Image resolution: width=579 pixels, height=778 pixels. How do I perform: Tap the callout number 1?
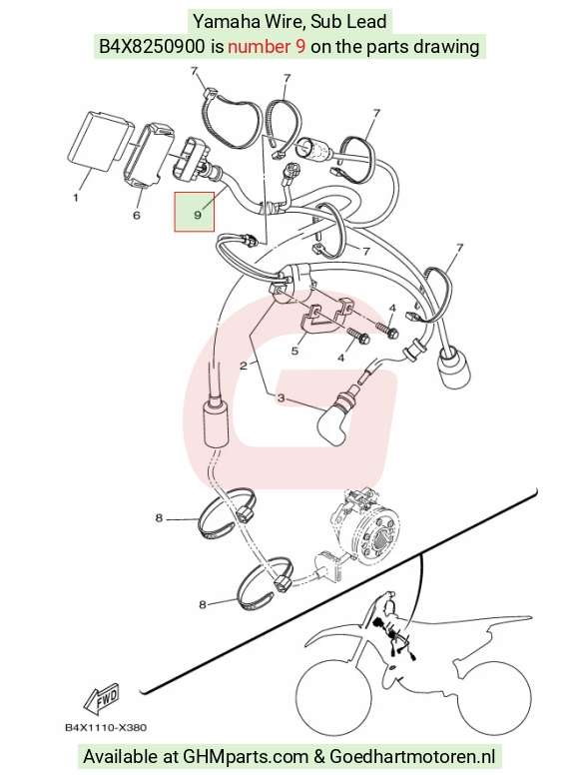(x=76, y=198)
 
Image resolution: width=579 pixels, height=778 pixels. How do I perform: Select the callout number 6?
(x=137, y=215)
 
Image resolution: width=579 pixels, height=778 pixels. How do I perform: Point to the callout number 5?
(x=294, y=351)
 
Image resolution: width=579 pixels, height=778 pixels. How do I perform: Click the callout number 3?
(x=282, y=397)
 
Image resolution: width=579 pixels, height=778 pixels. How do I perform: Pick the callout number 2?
(x=244, y=366)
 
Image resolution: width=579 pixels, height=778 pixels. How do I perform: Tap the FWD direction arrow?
(x=103, y=700)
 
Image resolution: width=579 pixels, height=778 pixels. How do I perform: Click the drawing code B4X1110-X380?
(x=106, y=727)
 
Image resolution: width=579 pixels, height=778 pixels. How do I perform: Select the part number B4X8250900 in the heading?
(x=152, y=46)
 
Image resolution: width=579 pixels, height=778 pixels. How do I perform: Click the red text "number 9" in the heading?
(x=267, y=46)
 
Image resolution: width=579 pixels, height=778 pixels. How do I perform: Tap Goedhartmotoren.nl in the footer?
(x=412, y=757)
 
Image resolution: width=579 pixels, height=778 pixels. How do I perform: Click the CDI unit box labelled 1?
(x=99, y=141)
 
